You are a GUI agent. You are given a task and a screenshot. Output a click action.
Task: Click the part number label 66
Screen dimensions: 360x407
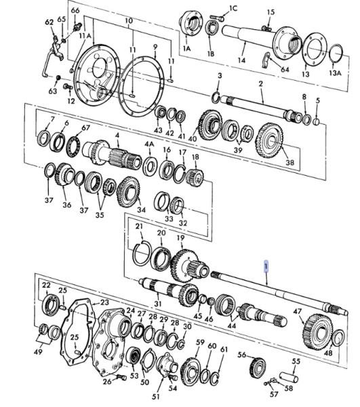[75, 10]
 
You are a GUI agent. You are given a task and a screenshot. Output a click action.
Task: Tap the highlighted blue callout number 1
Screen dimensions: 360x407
[266, 266]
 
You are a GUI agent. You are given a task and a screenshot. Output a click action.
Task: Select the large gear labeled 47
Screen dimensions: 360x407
[317, 332]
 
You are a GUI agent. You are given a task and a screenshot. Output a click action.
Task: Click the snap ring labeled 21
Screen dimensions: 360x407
[142, 253]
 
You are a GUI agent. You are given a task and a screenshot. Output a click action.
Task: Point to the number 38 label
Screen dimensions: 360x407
[289, 162]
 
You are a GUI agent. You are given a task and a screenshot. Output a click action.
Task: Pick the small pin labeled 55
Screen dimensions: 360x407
[288, 377]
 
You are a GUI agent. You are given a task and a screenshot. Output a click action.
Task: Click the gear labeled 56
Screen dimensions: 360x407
[258, 368]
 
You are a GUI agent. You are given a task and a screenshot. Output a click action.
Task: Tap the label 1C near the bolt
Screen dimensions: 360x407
[233, 8]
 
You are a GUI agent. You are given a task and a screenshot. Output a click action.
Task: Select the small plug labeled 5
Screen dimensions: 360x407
[317, 121]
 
